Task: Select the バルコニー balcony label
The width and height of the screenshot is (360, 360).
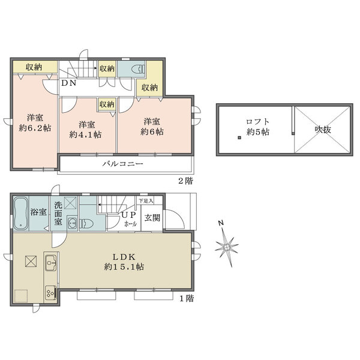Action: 122,163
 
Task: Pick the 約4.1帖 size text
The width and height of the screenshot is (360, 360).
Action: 86,135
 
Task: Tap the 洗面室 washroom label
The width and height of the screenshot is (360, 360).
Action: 58,213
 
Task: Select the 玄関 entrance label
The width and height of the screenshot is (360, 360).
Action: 152,218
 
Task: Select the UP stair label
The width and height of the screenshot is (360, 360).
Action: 129,214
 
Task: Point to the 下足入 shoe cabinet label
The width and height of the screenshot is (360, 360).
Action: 146,201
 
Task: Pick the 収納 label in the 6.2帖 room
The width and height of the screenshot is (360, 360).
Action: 33,67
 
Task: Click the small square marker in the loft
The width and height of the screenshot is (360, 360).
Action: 239,139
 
